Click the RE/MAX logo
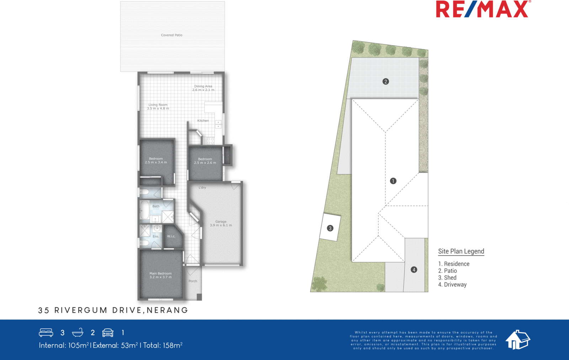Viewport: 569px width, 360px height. click(x=483, y=9)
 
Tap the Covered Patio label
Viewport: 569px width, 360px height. click(x=171, y=35)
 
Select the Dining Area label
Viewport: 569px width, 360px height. click(x=203, y=88)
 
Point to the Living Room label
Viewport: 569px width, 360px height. click(x=158, y=107)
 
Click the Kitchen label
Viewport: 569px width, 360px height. click(x=203, y=121)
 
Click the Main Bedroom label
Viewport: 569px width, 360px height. click(x=160, y=275)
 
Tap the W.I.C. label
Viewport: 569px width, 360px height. click(x=171, y=236)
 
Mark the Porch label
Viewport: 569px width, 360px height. click(x=193, y=281)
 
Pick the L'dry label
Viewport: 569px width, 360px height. click(x=202, y=188)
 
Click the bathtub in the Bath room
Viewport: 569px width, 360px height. click(x=145, y=210)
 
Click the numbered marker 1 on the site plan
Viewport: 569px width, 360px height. click(x=393, y=181)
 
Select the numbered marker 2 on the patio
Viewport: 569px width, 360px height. click(x=385, y=81)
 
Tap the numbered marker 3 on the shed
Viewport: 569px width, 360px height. click(x=330, y=228)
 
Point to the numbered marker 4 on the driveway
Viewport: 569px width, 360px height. click(x=414, y=270)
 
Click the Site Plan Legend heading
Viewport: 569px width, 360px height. click(x=461, y=251)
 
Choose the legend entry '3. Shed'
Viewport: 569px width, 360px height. click(x=447, y=278)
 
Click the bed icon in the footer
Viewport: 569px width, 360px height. click(x=46, y=333)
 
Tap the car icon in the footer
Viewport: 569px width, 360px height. click(x=108, y=333)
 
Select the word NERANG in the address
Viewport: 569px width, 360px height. click(x=167, y=310)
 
